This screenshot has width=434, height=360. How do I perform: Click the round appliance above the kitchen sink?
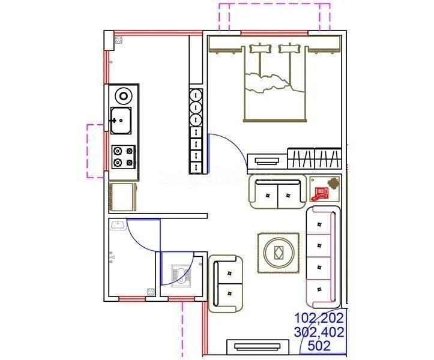tap(124, 95)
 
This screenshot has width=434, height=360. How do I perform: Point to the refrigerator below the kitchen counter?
tap(123, 197)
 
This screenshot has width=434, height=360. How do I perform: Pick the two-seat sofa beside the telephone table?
tap(277, 193)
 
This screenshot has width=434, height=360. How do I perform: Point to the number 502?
tap(318, 346)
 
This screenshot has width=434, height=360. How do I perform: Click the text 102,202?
tap(318, 319)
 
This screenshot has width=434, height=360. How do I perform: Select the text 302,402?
tap(318, 332)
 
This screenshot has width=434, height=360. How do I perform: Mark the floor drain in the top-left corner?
tap(119, 41)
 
